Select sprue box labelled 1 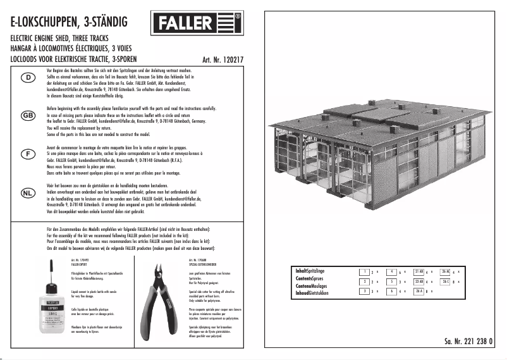point(365,271)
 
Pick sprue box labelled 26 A point(418,291)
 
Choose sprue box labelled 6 point(392,291)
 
